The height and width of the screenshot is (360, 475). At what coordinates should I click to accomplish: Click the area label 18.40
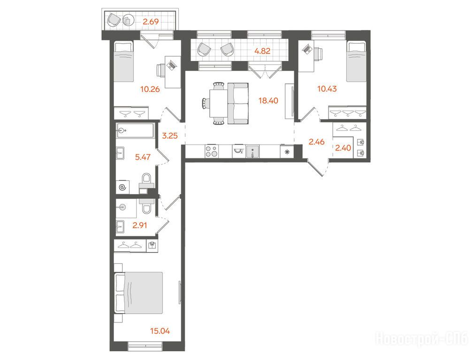268,100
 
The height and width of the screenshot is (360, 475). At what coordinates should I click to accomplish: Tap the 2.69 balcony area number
151,22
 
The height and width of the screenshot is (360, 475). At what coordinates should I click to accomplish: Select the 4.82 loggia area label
262,51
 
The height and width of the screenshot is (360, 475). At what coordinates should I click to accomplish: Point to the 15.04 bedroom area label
160,331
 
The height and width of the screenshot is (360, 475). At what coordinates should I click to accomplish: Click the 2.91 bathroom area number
140,225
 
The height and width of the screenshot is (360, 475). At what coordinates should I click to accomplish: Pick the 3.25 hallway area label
169,135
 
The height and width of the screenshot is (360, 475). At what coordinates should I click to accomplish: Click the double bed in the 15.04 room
138,293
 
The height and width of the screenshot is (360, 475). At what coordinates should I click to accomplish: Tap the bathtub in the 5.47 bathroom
135,130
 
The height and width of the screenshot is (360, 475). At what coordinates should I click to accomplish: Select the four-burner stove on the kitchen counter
211,151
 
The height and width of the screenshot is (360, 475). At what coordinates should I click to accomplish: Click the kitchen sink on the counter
253,151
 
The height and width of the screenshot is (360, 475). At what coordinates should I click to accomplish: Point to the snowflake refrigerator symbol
287,151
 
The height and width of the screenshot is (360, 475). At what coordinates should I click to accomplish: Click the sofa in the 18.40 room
238,104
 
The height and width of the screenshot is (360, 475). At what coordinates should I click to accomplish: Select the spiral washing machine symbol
123,187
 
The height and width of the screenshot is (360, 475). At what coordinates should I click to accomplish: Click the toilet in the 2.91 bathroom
147,205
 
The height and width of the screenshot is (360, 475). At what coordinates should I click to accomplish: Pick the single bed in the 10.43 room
357,61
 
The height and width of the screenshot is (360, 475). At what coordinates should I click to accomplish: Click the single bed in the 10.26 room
123,61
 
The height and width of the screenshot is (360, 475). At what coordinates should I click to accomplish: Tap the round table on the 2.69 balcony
129,20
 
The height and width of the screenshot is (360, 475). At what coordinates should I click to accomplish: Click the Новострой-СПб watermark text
422,338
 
